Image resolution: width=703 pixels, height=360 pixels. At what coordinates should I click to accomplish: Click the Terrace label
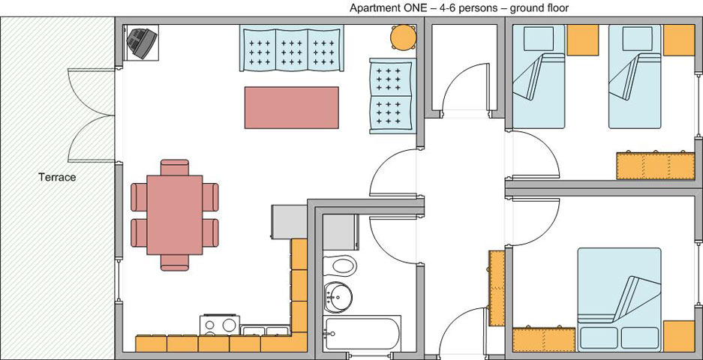[x=58, y=178]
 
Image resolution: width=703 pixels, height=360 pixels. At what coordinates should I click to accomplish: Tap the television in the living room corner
[x=142, y=42]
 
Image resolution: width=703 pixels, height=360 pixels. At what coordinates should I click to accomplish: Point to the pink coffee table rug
[x=291, y=107]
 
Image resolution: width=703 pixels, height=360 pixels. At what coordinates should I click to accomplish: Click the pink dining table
[x=175, y=214]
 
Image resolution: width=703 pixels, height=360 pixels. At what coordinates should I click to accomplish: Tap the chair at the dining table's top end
[x=175, y=166]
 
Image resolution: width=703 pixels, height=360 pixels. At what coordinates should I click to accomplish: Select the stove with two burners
[x=219, y=325]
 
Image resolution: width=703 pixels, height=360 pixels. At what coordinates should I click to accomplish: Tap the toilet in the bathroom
[x=342, y=265]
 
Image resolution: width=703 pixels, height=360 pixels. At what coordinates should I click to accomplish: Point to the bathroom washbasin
[x=339, y=297]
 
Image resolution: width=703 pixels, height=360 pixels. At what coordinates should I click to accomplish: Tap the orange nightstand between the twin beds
[x=583, y=40]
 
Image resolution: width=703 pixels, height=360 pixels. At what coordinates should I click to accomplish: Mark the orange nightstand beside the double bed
[x=680, y=335]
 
